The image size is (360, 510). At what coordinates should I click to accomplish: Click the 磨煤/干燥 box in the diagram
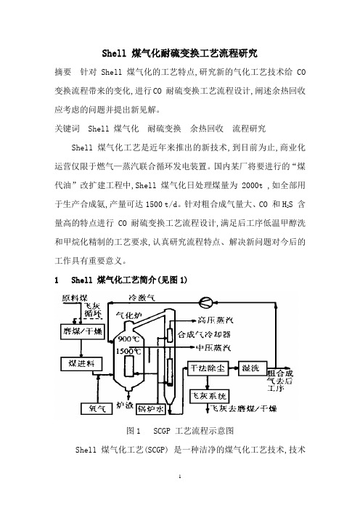[x=82, y=331]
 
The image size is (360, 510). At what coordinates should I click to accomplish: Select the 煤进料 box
[x=81, y=364]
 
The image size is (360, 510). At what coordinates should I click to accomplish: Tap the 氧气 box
[x=97, y=408]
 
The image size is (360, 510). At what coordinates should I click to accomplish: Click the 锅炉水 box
[x=151, y=409]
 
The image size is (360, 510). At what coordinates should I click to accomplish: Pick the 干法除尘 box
[x=208, y=368]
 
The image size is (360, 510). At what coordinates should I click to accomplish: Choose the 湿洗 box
[x=253, y=368]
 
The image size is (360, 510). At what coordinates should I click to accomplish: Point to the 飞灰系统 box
[x=209, y=397]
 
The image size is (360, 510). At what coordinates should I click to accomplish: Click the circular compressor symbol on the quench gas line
[x=206, y=302]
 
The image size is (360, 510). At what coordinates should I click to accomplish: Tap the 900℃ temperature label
[x=128, y=339]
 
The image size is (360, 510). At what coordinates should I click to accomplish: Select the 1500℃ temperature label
[x=128, y=352]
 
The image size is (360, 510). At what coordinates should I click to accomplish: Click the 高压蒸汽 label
[x=215, y=320]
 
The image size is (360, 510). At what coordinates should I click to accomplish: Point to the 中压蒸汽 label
[x=213, y=348]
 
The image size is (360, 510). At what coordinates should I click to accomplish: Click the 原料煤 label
[x=75, y=298]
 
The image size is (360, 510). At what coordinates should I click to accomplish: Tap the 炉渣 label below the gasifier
[x=125, y=405]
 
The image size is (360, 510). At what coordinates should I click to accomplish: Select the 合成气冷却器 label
[x=204, y=334]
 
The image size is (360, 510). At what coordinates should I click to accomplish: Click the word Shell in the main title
[x=114, y=53]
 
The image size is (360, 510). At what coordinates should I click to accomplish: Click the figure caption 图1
[x=134, y=431]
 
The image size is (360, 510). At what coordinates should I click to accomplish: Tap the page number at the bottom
[x=180, y=477]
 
